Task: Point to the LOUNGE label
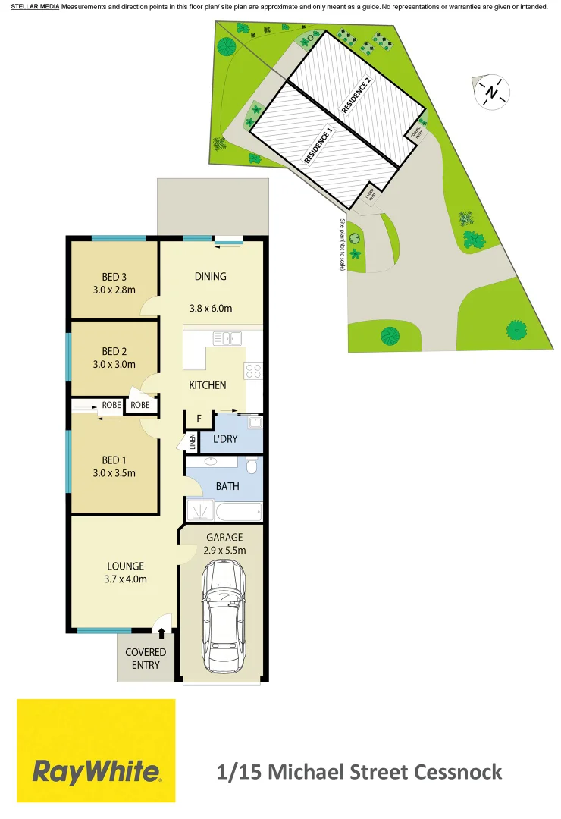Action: [125, 566]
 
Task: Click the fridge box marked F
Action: [199, 418]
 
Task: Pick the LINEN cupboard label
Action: [192, 442]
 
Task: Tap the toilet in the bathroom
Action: [252, 464]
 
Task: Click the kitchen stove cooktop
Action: [253, 371]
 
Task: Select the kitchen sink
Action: [226, 337]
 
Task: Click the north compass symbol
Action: [492, 93]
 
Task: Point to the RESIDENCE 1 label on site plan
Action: [318, 146]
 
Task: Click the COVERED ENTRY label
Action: [146, 658]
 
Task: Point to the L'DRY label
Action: [226, 438]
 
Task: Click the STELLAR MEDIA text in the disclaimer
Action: [35, 6]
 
